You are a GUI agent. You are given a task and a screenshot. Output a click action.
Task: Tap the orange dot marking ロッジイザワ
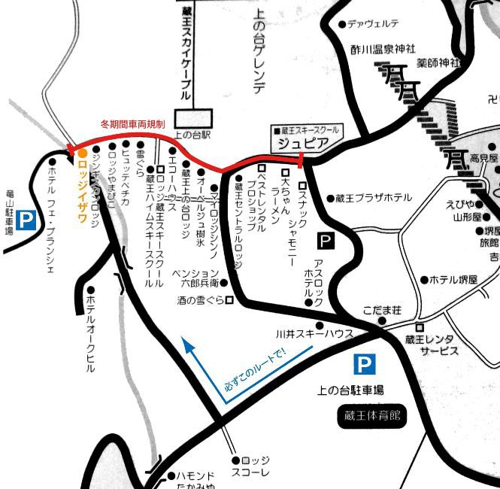tap(82, 153)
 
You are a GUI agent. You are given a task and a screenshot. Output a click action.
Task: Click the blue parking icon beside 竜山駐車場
tap(26, 220)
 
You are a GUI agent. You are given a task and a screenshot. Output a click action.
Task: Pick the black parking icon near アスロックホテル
tap(325, 241)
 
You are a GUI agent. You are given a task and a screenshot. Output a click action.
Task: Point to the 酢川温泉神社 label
tap(382, 50)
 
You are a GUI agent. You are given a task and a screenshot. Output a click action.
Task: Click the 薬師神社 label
tap(441, 62)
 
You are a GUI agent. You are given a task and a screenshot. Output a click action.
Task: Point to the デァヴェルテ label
tap(373, 24)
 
